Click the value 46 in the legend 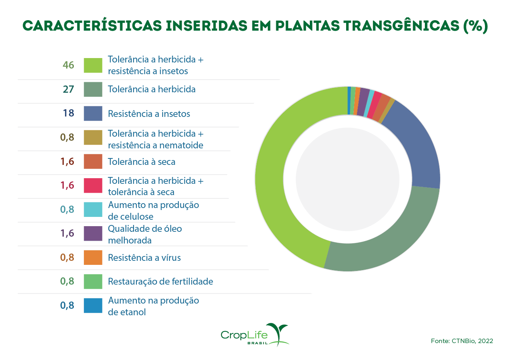[x=69, y=65]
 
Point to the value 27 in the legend [x=69, y=89]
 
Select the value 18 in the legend [x=69, y=113]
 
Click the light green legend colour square [x=93, y=65]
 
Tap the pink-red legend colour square [x=93, y=185]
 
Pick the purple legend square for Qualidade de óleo [x=93, y=234]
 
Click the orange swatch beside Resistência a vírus [x=93, y=258]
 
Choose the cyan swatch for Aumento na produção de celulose [x=93, y=210]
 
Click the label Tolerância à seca [x=141, y=162]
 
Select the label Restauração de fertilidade [x=160, y=281]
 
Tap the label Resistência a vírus [x=144, y=258]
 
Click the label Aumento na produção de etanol [x=153, y=306]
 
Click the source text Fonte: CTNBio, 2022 [x=462, y=341]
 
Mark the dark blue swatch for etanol [x=93, y=306]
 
